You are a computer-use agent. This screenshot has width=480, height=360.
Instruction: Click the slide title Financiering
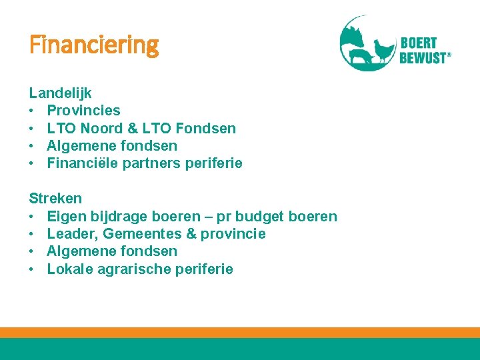[94, 46]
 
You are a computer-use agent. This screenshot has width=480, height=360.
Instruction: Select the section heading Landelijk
[60, 93]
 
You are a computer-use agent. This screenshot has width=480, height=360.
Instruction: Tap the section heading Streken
[55, 199]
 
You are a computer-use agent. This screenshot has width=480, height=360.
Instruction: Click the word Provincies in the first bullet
[83, 111]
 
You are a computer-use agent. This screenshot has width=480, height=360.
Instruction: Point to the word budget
[257, 217]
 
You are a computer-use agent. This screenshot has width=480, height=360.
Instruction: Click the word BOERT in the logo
[419, 44]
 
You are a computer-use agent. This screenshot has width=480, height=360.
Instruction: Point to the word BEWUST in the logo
[423, 58]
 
